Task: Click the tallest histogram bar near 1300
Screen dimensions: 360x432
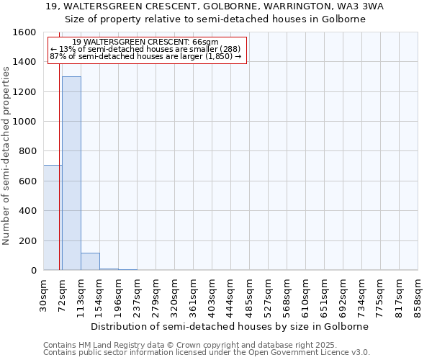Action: click(x=71, y=173)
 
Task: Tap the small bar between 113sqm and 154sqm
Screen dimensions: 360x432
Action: click(x=90, y=261)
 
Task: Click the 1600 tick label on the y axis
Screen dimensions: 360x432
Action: click(x=25, y=32)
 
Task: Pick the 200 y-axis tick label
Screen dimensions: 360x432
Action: click(x=28, y=240)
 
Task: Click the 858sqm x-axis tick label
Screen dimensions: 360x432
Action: click(x=418, y=292)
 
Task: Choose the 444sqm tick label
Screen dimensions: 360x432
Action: click(x=231, y=292)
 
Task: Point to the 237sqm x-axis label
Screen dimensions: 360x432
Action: click(x=138, y=292)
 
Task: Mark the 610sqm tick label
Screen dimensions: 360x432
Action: click(x=306, y=292)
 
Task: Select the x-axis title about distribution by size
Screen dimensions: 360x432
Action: click(x=230, y=326)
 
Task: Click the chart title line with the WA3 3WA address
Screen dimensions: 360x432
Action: click(x=215, y=6)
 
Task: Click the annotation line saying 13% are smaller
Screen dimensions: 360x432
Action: click(x=144, y=49)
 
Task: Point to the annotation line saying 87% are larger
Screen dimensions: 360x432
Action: click(x=145, y=56)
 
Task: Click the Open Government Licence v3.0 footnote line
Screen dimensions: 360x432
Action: click(x=207, y=353)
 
